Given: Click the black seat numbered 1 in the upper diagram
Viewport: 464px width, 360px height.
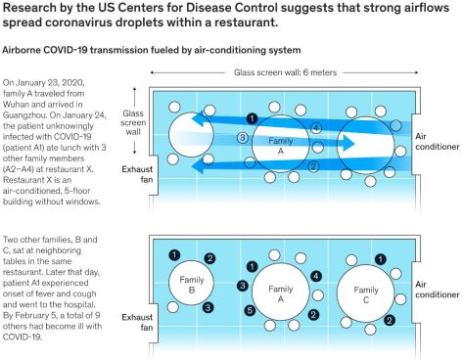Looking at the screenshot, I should [x=253, y=118].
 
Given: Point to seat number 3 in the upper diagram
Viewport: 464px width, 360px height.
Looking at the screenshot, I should [x=242, y=138].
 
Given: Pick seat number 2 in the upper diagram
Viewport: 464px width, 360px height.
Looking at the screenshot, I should [x=313, y=165].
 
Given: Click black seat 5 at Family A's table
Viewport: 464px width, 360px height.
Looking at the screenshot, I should [x=250, y=311].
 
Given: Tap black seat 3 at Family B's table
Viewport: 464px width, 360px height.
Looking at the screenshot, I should [x=209, y=307].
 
